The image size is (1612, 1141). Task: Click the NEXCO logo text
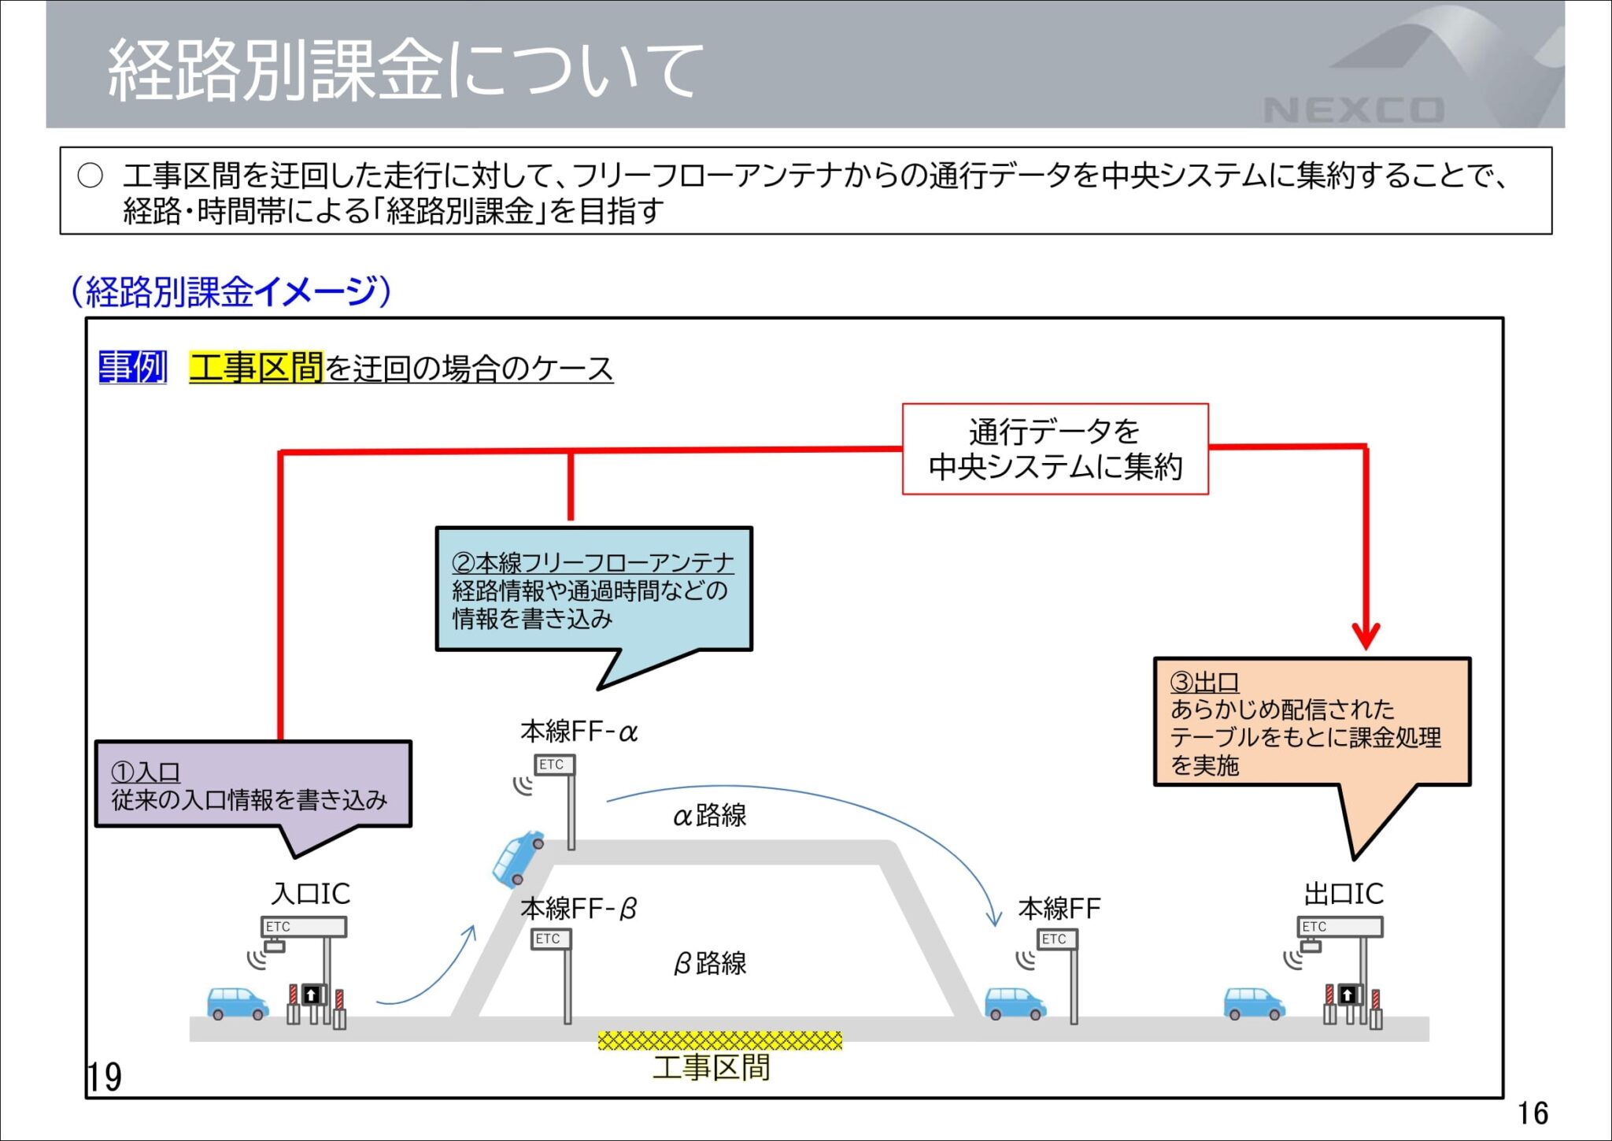pyautogui.click(x=1354, y=110)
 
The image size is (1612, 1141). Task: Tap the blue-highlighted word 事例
pyautogui.click(x=132, y=368)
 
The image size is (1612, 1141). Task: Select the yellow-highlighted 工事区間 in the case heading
pyautogui.click(x=256, y=368)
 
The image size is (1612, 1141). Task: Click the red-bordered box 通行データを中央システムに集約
pyautogui.click(x=1055, y=449)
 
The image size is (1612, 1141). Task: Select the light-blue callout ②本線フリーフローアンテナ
pyautogui.click(x=593, y=590)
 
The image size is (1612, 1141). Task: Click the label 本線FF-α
pyautogui.click(x=579, y=732)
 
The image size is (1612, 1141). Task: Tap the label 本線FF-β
pyautogui.click(x=579, y=909)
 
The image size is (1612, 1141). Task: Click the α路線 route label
pyautogui.click(x=709, y=816)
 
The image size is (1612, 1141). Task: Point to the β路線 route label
pyautogui.click(x=709, y=963)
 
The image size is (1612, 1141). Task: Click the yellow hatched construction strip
pyautogui.click(x=719, y=1041)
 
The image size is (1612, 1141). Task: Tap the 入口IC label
pyautogui.click(x=310, y=894)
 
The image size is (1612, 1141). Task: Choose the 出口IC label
pyautogui.click(x=1343, y=894)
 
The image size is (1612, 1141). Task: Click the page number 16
pyautogui.click(x=1533, y=1113)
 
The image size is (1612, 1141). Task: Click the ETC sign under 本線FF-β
pyautogui.click(x=549, y=939)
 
